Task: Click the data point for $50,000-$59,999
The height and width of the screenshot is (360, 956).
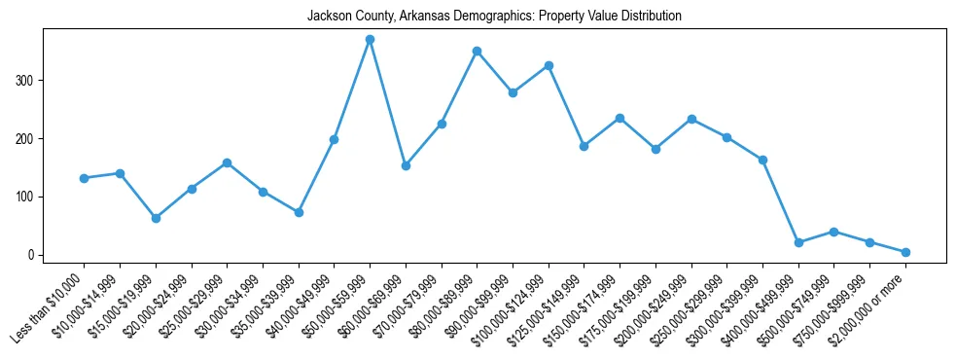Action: [370, 39]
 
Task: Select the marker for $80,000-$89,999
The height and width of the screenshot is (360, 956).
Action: [477, 51]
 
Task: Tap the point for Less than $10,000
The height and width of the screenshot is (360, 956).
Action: [85, 178]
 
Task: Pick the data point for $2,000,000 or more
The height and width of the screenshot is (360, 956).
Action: [905, 252]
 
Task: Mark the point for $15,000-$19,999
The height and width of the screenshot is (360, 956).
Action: [156, 218]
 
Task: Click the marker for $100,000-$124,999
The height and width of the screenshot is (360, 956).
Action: [549, 65]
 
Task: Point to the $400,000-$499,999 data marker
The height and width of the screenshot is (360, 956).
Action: [798, 242]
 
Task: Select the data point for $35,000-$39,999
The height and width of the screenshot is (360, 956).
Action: [299, 212]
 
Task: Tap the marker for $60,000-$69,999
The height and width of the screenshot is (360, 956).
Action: [406, 165]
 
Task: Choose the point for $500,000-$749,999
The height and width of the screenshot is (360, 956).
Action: [833, 232]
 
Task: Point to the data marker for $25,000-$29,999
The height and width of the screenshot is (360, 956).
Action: [227, 162]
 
